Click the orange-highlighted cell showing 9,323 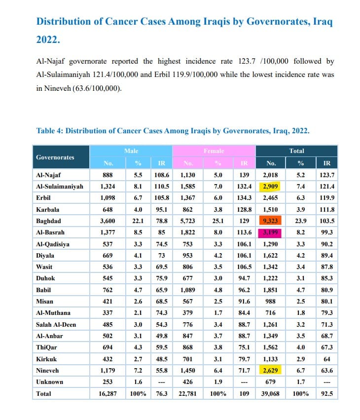(x=271, y=221)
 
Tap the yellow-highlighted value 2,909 (x=271, y=187)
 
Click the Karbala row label (x=48, y=210)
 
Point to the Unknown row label (x=49, y=382)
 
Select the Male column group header (x=131, y=151)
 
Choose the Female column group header (x=214, y=151)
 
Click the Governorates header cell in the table (x=55, y=157)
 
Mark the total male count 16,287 (x=108, y=394)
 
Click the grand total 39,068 (x=271, y=394)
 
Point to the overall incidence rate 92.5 (x=326, y=394)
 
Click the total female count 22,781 (x=188, y=394)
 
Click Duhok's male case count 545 (x=108, y=278)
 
